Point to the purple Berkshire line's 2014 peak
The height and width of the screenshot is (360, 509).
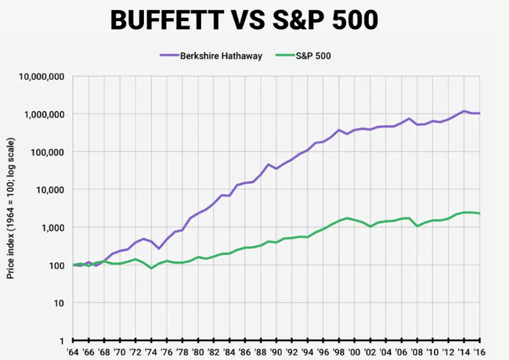[465, 111]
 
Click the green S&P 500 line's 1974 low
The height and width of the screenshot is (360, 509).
[152, 268]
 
